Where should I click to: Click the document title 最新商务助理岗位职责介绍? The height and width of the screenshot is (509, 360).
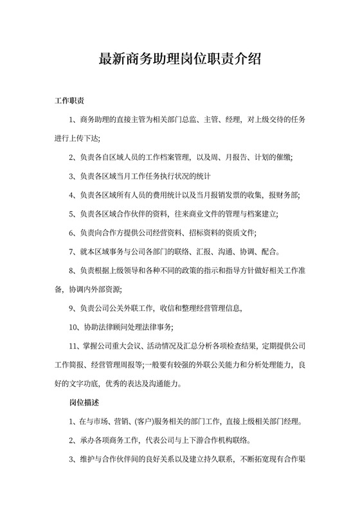(179, 59)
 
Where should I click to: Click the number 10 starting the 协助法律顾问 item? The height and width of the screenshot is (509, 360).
(73, 327)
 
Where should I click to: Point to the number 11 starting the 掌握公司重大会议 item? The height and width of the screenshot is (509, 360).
(73, 346)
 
